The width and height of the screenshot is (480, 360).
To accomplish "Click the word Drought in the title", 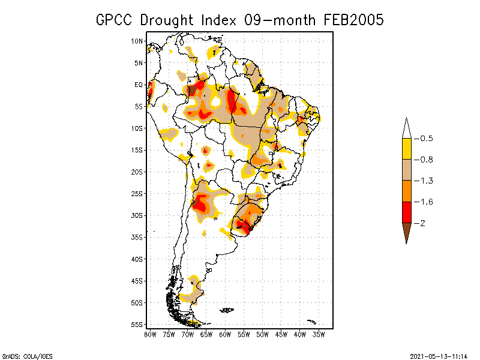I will [168, 20].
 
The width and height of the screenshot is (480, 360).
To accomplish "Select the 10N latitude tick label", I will [137, 41].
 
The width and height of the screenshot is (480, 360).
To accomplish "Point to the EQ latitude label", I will [139, 85].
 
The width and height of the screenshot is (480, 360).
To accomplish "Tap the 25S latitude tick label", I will [137, 194].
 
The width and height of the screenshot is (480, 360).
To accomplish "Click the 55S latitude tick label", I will [137, 325].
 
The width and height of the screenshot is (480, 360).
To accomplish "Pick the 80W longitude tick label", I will [151, 335].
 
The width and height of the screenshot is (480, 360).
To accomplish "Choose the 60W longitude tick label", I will [225, 335].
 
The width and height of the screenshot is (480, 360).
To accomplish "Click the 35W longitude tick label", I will [319, 335].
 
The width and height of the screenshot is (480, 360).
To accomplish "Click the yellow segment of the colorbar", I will [407, 149].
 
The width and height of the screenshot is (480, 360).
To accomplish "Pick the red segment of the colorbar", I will [407, 212].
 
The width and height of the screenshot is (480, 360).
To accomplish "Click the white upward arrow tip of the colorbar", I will [407, 129].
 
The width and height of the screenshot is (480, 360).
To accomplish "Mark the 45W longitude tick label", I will [281, 335].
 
